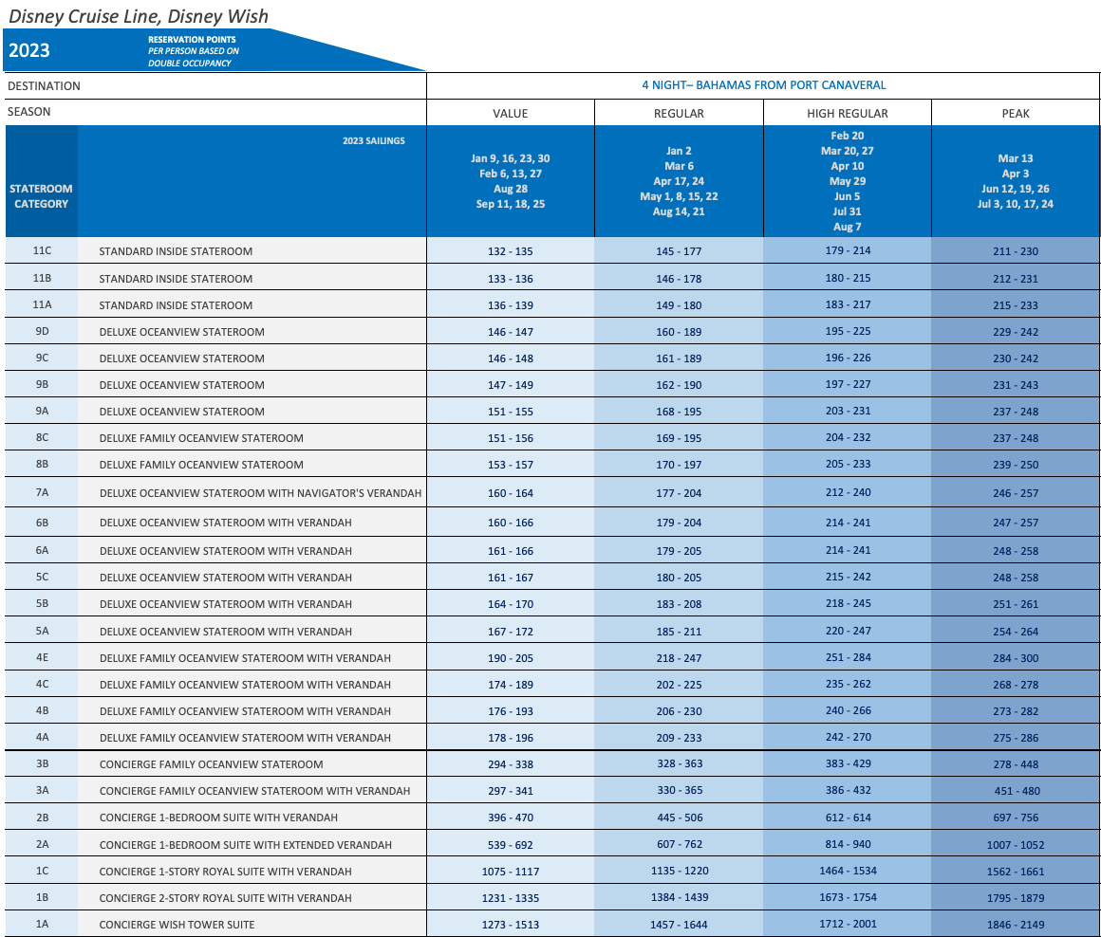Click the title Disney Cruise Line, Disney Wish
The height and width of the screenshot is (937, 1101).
point(139,16)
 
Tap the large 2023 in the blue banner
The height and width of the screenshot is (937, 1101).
point(29,51)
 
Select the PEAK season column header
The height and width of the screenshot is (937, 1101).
point(1015,113)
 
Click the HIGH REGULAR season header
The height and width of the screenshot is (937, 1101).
point(847,113)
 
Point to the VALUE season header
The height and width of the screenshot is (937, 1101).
point(510,113)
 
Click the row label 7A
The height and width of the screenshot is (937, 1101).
point(41,493)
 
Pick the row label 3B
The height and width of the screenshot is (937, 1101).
point(41,764)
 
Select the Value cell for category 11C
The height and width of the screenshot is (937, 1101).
point(510,251)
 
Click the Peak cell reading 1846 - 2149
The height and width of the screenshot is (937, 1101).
point(1015,924)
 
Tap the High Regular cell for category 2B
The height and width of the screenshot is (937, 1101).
point(847,818)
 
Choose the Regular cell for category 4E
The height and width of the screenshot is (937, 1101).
point(679,658)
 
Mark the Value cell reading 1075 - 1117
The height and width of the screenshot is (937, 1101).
point(510,871)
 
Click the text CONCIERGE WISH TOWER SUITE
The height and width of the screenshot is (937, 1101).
point(177,925)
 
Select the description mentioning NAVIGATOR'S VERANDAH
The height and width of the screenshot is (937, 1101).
point(260,493)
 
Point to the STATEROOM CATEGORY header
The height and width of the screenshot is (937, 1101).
point(41,196)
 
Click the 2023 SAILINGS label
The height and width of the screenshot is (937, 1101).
point(373,141)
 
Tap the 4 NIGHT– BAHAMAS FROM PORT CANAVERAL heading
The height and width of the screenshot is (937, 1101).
point(763,85)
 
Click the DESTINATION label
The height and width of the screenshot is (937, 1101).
point(44,86)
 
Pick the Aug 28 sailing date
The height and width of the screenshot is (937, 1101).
point(510,189)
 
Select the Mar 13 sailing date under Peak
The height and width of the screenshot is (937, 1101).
point(1015,158)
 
